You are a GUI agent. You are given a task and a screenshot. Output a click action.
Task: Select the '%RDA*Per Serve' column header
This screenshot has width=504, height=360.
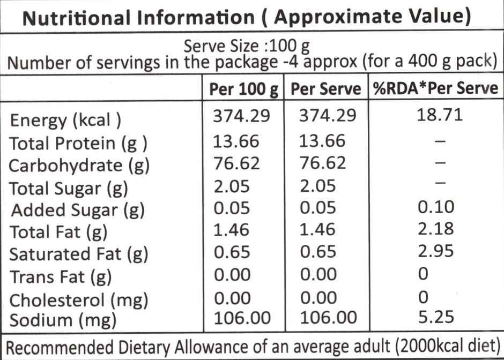tap(435, 88)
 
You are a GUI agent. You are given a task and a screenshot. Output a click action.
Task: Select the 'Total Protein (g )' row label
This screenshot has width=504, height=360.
tap(78, 144)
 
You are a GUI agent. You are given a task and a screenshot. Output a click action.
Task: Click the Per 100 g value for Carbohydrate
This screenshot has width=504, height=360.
tap(236, 162)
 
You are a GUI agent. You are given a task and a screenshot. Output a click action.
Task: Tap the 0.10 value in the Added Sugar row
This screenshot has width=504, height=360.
tap(435, 206)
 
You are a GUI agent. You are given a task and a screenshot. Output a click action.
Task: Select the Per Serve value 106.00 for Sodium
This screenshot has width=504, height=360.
tap(325, 318)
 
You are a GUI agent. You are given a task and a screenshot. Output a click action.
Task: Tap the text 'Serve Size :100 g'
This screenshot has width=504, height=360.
tap(247, 44)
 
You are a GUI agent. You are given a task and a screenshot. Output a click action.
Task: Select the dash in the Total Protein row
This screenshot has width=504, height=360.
tap(440, 141)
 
